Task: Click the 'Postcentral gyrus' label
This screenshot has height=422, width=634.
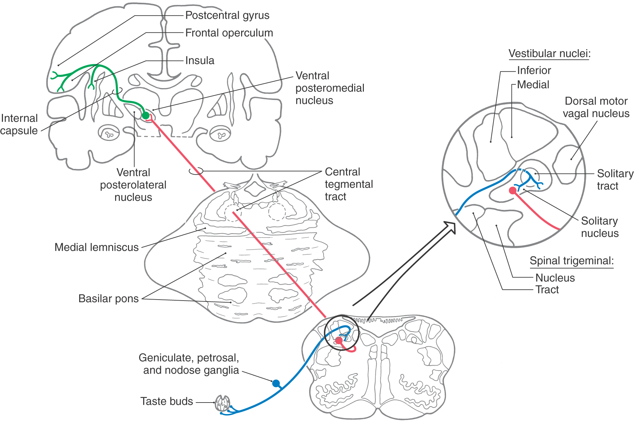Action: [227, 15]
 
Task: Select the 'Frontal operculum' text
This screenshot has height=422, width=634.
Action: [229, 33]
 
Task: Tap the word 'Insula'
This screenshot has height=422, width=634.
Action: [200, 60]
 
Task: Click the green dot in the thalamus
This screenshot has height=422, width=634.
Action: [145, 115]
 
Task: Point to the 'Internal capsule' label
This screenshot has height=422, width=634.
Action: [19, 124]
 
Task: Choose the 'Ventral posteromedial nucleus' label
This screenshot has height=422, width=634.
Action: [330, 88]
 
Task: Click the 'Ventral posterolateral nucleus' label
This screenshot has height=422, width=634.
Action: [133, 185]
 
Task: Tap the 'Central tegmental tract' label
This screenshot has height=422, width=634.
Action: [349, 184]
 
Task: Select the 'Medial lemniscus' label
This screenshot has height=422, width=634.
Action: [96, 247]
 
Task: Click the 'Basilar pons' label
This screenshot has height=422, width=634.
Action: [108, 298]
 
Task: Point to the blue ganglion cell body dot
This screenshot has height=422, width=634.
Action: [276, 383]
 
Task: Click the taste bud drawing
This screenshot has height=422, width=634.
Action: [222, 403]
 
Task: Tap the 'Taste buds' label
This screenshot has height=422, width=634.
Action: [167, 401]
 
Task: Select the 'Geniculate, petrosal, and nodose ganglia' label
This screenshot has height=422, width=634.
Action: [189, 364]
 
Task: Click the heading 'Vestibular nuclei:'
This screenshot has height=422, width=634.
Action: [549, 53]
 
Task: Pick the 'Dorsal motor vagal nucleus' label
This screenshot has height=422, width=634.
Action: [596, 107]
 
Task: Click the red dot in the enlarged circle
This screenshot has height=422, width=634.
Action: [512, 190]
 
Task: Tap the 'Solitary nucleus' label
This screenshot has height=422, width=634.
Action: [599, 227]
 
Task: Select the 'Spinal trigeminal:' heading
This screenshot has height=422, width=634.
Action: [571, 261]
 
